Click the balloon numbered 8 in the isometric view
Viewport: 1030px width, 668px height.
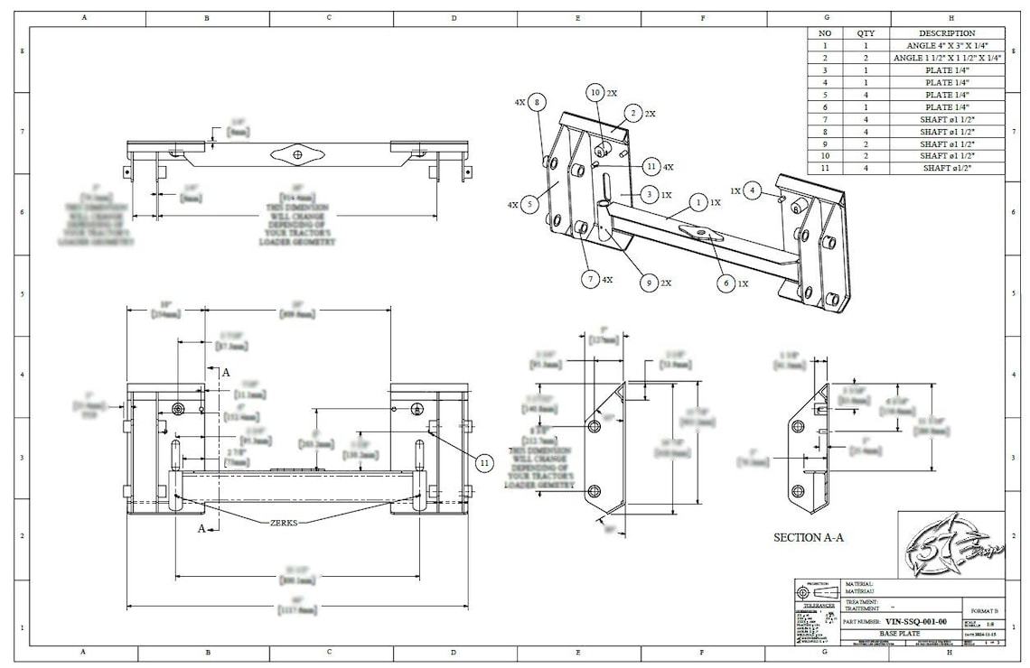(538, 103)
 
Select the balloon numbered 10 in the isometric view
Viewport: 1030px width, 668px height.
(595, 92)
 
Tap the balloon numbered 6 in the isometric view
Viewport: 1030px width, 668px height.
(725, 283)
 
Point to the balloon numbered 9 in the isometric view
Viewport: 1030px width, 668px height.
(647, 283)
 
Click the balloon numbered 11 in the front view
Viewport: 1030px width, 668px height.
(485, 462)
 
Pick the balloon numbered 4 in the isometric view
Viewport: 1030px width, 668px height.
(754, 190)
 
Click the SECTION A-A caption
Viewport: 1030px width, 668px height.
(809, 537)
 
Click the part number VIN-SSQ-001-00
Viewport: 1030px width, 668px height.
(916, 621)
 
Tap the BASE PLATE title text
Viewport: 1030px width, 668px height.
(875, 634)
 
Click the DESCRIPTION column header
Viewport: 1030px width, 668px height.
(947, 32)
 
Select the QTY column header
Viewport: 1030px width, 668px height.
(866, 32)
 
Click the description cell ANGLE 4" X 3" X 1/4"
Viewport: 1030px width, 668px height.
(947, 45)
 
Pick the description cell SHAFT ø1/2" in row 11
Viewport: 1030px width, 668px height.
(947, 169)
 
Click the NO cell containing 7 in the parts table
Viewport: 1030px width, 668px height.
(824, 119)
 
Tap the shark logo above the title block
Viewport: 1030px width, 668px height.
(950, 545)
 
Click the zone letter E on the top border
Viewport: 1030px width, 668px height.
(577, 17)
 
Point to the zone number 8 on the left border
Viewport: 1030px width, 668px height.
(22, 51)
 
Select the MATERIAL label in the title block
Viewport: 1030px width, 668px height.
(859, 584)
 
